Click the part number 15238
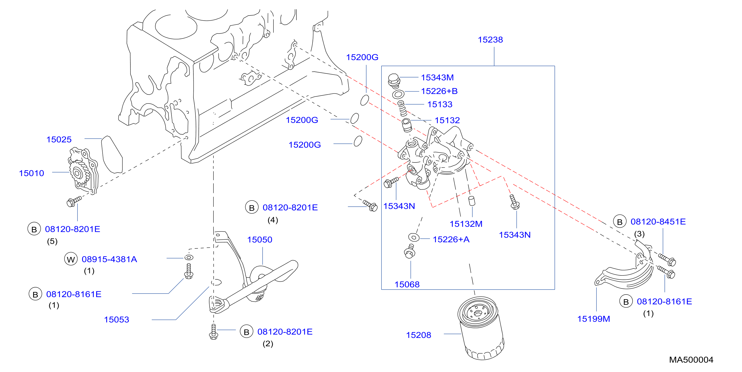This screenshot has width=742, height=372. coord(490,40)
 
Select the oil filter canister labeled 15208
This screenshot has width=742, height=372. coord(481,328)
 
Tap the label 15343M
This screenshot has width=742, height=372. coord(437,77)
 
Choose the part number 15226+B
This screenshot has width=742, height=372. coord(439,91)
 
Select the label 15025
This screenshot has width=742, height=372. coord(59,139)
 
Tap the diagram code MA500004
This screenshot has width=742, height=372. coord(691,360)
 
